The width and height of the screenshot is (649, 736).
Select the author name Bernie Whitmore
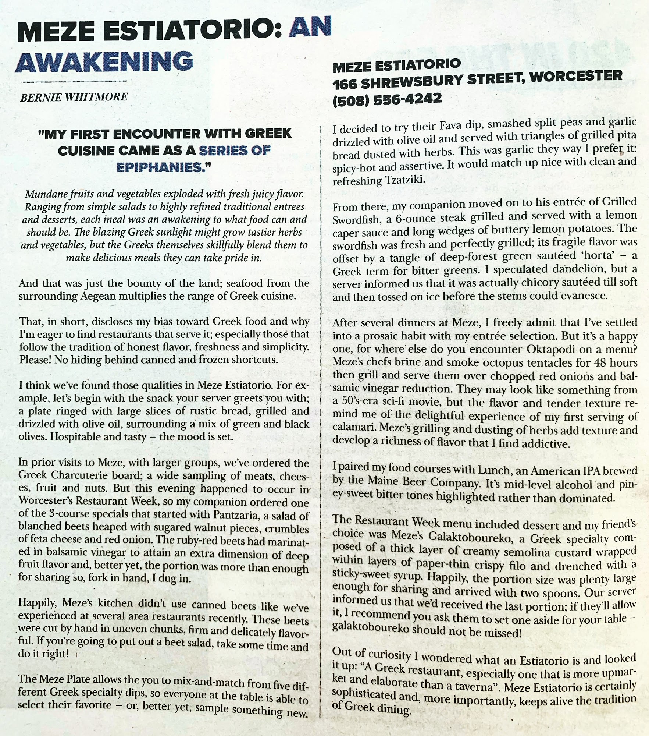[74, 97]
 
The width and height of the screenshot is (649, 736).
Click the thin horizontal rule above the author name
[73, 81]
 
